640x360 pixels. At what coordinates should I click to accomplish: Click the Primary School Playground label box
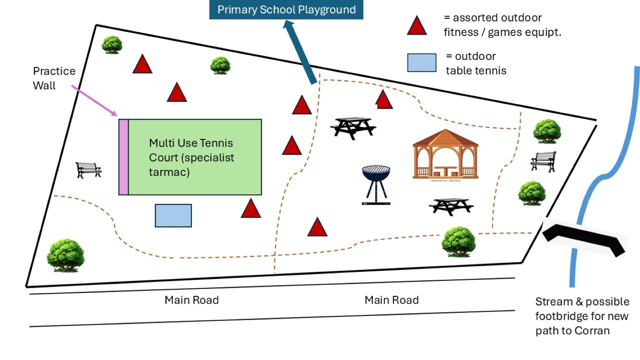286,10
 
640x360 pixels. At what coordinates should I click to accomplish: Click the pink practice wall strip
123,157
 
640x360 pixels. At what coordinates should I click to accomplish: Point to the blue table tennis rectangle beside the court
173,216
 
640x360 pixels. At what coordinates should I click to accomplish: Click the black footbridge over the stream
584,237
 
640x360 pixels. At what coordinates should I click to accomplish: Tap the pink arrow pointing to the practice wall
94,100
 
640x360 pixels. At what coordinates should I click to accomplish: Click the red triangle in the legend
416,26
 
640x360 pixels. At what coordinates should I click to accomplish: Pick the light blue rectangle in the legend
422,63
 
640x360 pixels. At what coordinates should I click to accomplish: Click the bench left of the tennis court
88,170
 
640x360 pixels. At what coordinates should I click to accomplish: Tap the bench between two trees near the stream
543,161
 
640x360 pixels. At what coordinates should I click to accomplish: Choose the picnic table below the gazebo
451,206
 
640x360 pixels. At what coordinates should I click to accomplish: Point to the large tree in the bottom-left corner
66,255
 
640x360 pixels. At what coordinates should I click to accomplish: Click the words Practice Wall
54,78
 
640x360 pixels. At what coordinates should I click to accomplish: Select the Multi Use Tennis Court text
191,157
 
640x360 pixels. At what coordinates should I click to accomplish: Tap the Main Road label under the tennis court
191,300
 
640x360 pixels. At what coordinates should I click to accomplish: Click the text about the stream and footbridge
582,316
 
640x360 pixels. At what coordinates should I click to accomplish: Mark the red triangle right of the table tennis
251,209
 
